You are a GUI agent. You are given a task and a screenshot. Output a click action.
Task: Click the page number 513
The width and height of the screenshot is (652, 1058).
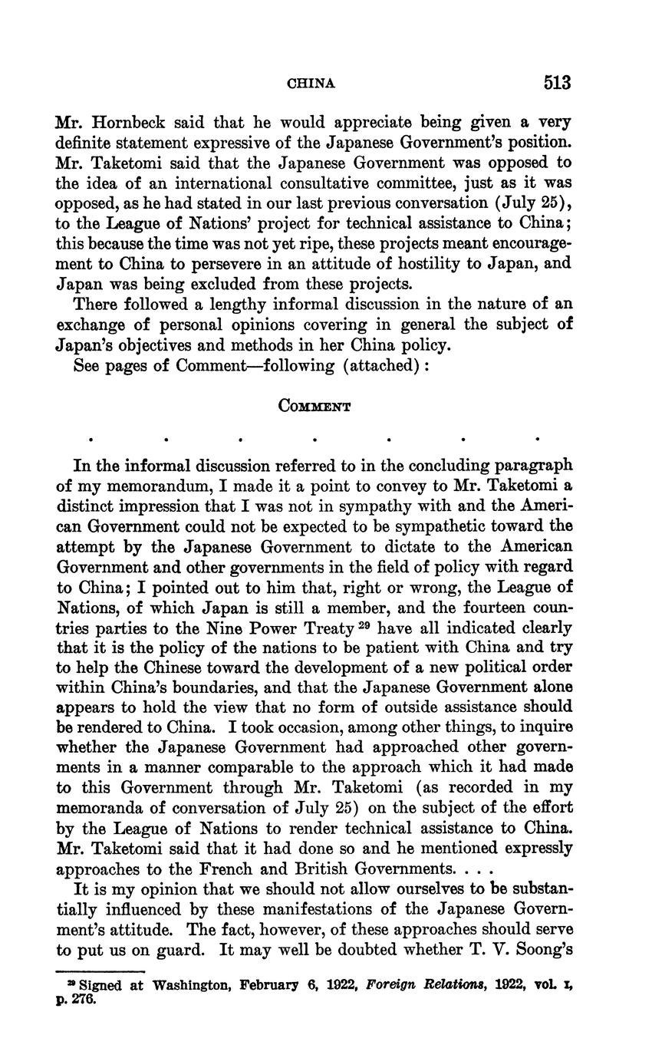click(x=558, y=83)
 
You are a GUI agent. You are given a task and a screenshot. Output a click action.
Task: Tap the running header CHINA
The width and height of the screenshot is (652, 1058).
click(x=311, y=84)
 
